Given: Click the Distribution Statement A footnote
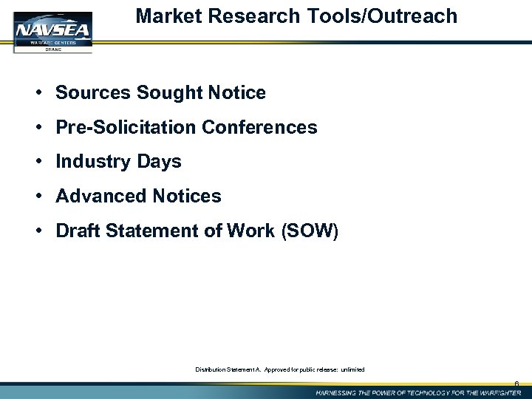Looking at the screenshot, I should (x=279, y=368).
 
